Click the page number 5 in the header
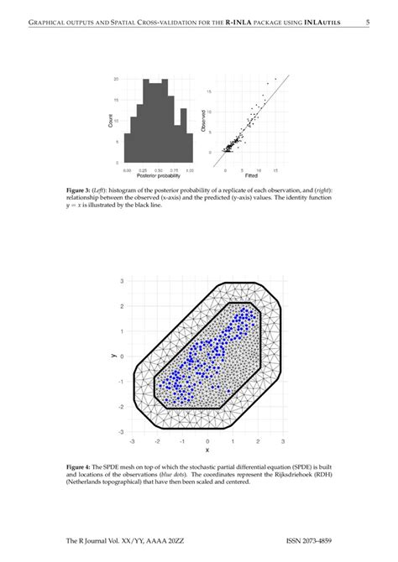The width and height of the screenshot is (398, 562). pyautogui.click(x=367, y=23)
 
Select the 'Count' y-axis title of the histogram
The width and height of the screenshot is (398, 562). pyautogui.click(x=111, y=122)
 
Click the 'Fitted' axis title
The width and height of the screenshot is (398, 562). pyautogui.click(x=251, y=174)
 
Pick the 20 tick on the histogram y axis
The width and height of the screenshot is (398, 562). pyautogui.click(x=117, y=79)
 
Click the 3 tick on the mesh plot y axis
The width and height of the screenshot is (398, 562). pyautogui.click(x=122, y=281)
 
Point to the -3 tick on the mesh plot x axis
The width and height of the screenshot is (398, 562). pyautogui.click(x=132, y=440)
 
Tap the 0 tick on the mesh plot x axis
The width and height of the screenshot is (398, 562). pyautogui.click(x=207, y=440)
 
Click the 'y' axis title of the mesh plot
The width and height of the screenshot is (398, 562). pyautogui.click(x=112, y=356)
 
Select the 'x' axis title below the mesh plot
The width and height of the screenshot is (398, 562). pyautogui.click(x=207, y=450)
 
